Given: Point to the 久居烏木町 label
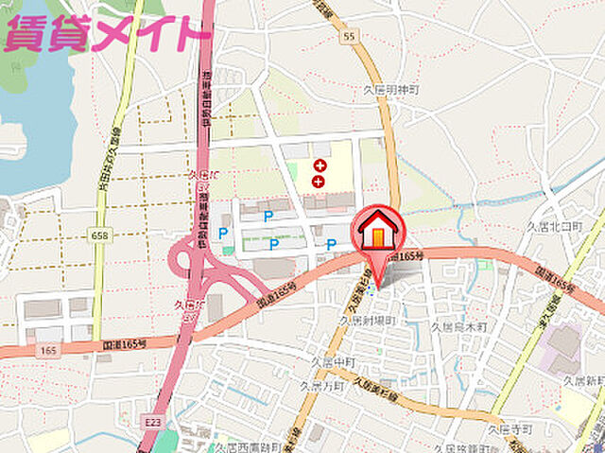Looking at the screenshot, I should pos(458,326).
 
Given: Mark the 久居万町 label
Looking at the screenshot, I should pos(321,386).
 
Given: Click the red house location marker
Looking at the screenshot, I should pos(380,235).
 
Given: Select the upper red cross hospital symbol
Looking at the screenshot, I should pos(320,166).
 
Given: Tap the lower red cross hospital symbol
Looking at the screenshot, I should pos(319,181).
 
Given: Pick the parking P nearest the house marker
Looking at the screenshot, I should pos(331,244).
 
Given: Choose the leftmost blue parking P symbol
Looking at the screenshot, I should pos(224,233).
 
